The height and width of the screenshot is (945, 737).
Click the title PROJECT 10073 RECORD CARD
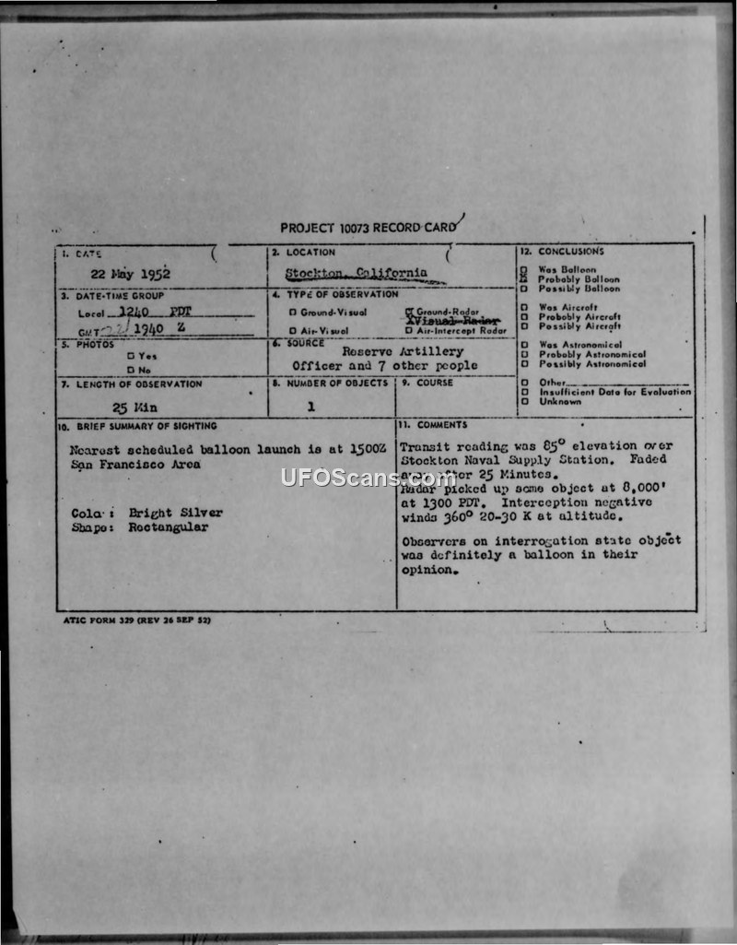coord(368,228)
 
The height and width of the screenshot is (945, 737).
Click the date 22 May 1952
coord(130,274)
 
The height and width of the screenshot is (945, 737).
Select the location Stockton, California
coord(356,273)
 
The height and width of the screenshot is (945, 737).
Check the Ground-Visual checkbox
coord(292,313)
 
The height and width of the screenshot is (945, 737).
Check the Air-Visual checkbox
coord(292,330)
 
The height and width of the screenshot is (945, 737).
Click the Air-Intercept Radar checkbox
coord(408,330)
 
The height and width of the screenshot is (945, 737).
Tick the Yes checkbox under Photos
coord(130,355)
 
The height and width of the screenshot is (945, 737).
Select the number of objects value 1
coord(311,406)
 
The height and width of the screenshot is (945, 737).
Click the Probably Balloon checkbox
coord(523,279)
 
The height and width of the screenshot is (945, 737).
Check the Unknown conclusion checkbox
coord(523,401)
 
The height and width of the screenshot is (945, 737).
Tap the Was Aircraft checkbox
coord(523,307)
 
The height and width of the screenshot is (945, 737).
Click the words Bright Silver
coord(175,513)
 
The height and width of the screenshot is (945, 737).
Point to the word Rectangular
coord(169,527)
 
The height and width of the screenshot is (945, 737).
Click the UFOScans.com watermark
coord(368,478)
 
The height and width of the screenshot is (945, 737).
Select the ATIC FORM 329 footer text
coord(135,620)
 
